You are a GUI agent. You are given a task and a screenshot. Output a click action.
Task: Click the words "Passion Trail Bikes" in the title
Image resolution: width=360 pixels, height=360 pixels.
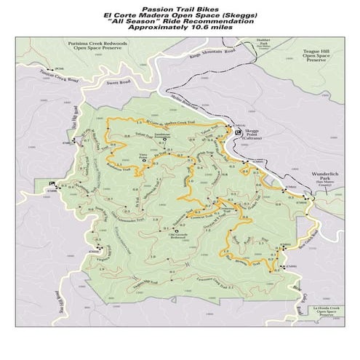[180, 9]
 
